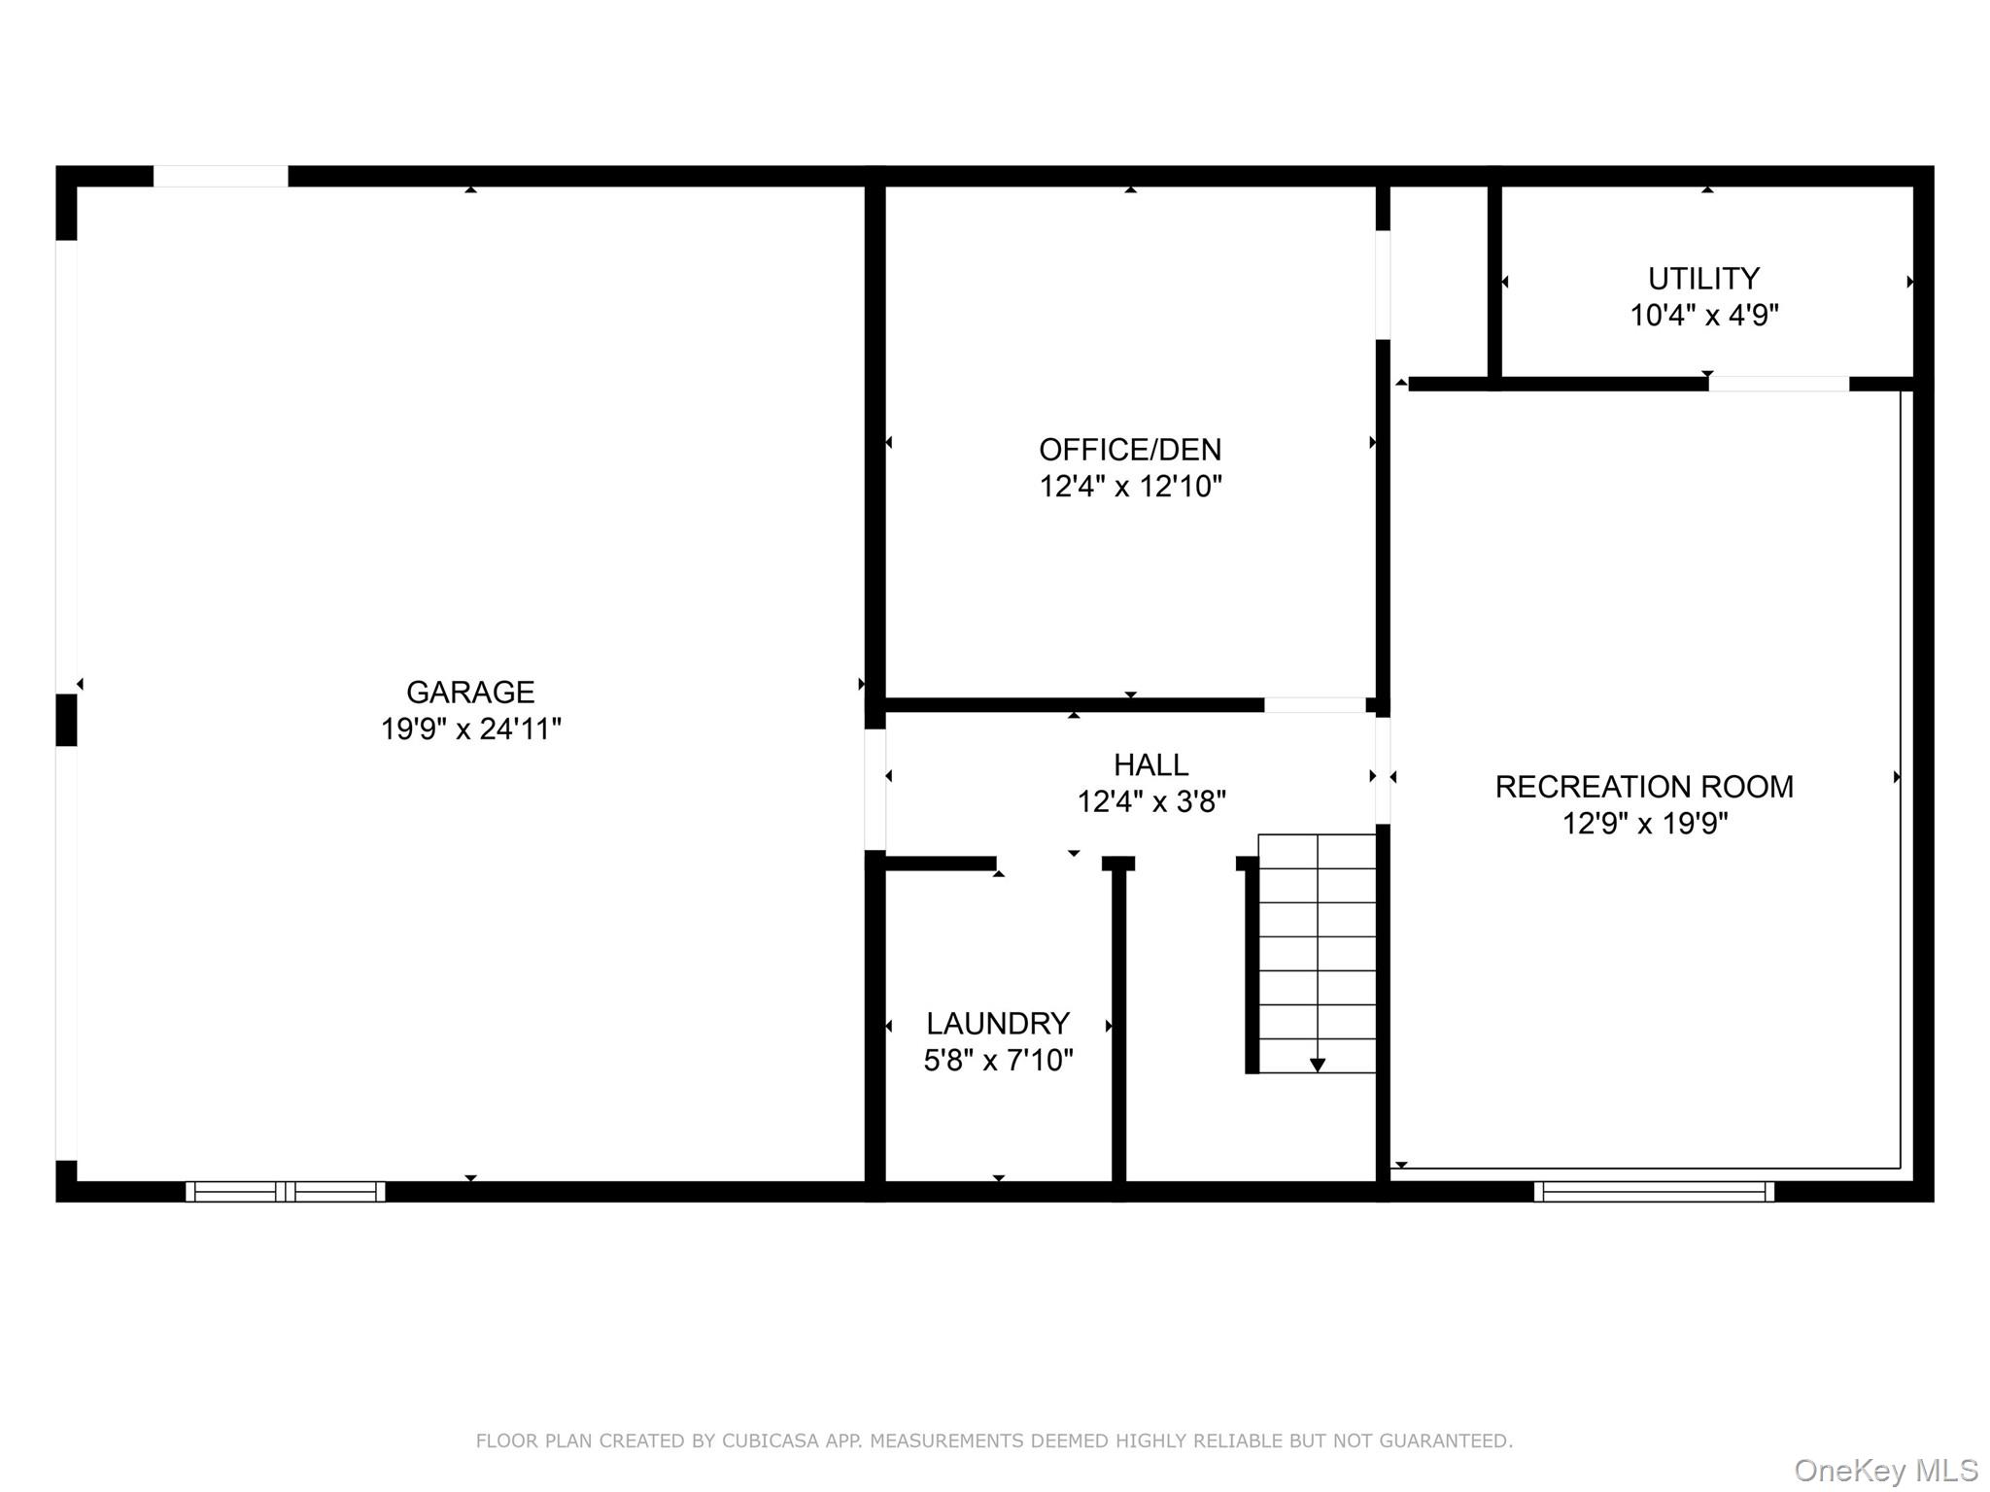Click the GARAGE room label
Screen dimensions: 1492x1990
[x=470, y=692]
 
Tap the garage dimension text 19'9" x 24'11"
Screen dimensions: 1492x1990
[x=470, y=729]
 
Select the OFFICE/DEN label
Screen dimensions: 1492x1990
[x=1130, y=450]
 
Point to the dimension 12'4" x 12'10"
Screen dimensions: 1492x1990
[x=1130, y=486]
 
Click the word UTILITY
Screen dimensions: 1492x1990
[x=1703, y=279]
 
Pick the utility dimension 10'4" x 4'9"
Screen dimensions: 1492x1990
[x=1704, y=315]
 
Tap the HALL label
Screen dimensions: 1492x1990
[x=1150, y=764]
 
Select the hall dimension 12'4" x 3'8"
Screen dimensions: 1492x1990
[x=1151, y=801]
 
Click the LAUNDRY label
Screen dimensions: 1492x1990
[x=998, y=1023]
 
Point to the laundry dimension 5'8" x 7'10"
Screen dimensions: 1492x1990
[x=998, y=1060]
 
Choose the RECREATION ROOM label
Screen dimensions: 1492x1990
[x=1644, y=787]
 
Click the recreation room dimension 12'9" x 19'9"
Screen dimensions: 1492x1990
[x=1644, y=824]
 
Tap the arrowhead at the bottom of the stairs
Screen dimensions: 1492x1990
[x=1318, y=1065]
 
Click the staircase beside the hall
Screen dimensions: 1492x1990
[x=1317, y=952]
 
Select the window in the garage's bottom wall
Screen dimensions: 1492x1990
[x=285, y=1191]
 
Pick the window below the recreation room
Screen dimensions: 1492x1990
[x=1654, y=1191]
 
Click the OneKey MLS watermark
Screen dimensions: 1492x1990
[x=1886, y=1470]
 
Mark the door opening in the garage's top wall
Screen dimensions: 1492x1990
[x=221, y=176]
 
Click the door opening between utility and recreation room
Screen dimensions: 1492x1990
[x=1778, y=384]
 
